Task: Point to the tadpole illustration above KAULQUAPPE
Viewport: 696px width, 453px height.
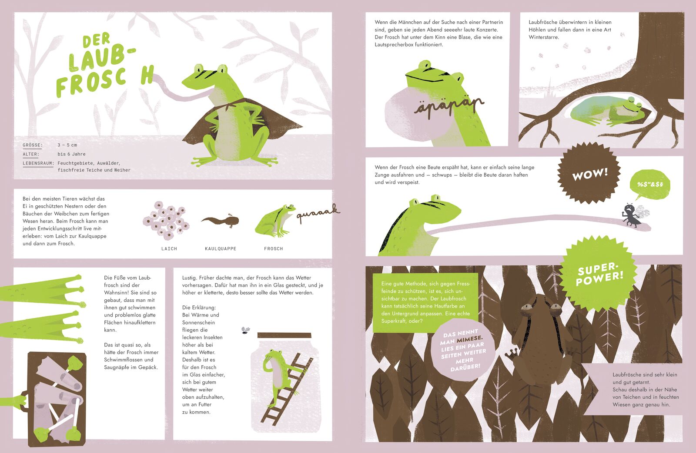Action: [x=220, y=221]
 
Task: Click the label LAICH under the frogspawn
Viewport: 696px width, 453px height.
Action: [x=169, y=248]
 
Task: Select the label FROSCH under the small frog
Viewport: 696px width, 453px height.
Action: [x=274, y=248]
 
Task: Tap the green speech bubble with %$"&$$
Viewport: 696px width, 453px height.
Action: [x=649, y=185]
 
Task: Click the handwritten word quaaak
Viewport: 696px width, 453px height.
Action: [x=318, y=213]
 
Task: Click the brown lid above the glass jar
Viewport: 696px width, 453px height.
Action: [x=284, y=335]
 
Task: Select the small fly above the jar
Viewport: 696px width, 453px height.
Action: [x=246, y=330]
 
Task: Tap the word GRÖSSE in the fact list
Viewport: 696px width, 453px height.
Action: [x=33, y=145]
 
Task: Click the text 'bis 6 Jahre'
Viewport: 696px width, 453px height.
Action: [x=71, y=154]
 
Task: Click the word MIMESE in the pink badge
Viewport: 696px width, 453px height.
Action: [x=469, y=338]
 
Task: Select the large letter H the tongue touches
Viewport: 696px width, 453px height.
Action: [x=147, y=75]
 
